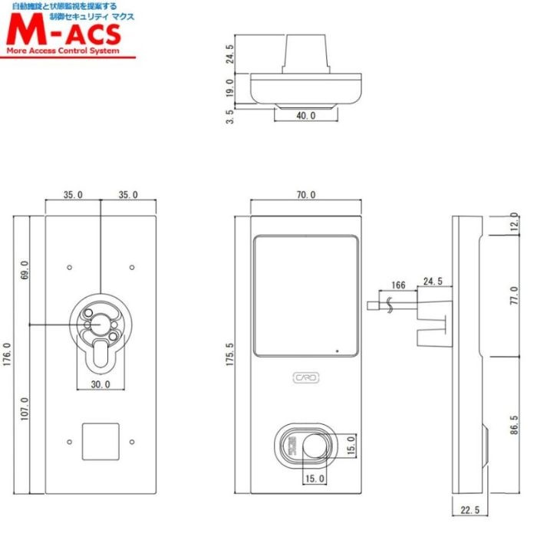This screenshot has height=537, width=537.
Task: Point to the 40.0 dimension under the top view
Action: [x=305, y=115]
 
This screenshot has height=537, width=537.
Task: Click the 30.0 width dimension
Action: [x=100, y=384]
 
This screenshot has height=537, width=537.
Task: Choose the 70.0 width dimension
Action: [x=305, y=195]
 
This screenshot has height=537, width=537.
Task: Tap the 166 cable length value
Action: [x=397, y=285]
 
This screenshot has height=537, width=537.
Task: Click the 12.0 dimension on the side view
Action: [x=514, y=226]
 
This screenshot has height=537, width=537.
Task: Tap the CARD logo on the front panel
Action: [x=306, y=377]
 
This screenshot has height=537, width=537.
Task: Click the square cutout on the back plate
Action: [x=100, y=441]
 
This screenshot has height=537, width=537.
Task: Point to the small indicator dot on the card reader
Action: [x=335, y=351]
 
